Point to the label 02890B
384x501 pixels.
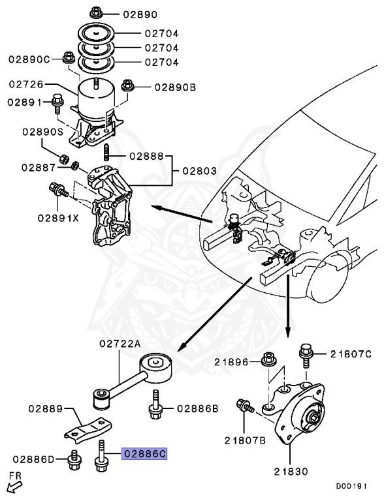(174, 86)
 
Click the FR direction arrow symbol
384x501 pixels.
(12, 486)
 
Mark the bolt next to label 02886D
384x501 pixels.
(76, 461)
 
